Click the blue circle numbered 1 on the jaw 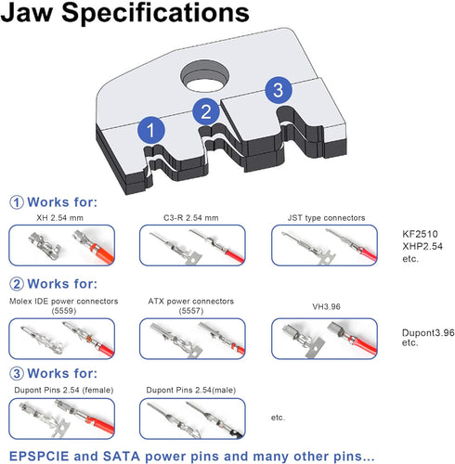pos(151,130)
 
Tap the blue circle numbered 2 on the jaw pos(206,111)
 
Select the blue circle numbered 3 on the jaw pos(279,90)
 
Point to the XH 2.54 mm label pos(60,218)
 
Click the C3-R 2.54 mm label pos(191,218)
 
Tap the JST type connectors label pos(326,218)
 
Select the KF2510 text pos(420,234)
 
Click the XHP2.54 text pos(422,246)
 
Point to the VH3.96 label pos(326,306)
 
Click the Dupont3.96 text pos(428,333)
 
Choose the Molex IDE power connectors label pos(64,301)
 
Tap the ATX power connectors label pos(191,301)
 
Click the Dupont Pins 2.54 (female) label pos(64,390)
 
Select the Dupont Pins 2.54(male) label pos(191,390)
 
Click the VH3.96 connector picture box pos(324,339)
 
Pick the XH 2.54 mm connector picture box pos(62,245)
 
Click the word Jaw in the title pos(27,12)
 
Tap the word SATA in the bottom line pos(121,456)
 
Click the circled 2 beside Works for pos(17,284)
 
